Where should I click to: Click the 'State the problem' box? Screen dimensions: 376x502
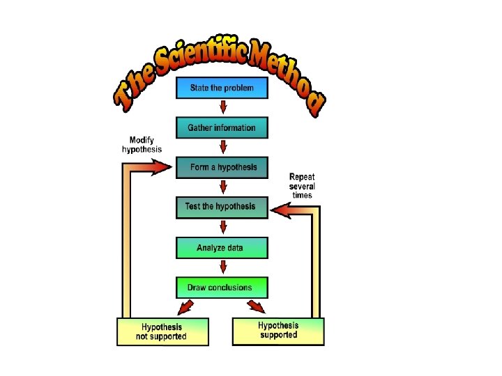point(222,88)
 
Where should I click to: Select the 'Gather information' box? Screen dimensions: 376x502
point(222,128)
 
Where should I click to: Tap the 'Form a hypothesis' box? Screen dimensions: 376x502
point(222,168)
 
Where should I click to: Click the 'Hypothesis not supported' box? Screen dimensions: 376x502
point(162,331)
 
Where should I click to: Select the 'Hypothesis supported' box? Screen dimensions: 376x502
point(278,330)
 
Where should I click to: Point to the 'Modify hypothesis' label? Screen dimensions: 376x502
point(142,144)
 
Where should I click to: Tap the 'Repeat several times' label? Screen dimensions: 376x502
point(302,186)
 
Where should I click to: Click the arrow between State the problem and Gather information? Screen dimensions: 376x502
point(223,107)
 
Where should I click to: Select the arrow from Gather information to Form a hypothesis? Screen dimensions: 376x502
point(223,147)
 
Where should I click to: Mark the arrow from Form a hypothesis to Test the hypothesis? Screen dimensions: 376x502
point(223,187)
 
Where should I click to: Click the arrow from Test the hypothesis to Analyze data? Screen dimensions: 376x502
point(223,227)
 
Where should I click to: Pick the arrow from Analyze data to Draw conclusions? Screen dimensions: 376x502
point(223,267)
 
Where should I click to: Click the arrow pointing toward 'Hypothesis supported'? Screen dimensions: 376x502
point(256,306)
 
